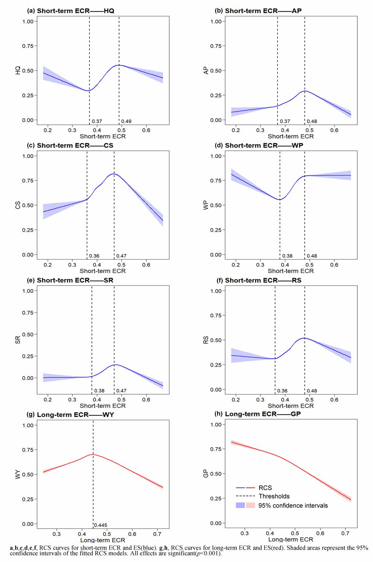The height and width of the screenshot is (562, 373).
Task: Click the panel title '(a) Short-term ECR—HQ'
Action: pyautogui.click(x=71, y=11)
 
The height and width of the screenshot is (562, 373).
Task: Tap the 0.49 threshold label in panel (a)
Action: pyautogui.click(x=126, y=121)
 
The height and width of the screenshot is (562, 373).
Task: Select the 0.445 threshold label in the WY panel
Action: pyautogui.click(x=101, y=525)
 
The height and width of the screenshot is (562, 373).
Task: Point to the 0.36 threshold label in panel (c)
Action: pyautogui.click(x=94, y=256)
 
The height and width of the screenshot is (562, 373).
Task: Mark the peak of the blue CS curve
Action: pyautogui.click(x=114, y=174)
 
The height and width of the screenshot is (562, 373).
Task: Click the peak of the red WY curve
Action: pyautogui.click(x=93, y=454)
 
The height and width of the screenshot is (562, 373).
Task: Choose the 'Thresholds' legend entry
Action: pyautogui.click(x=274, y=496)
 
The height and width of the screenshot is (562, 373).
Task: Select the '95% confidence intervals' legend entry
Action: pyautogui.click(x=293, y=505)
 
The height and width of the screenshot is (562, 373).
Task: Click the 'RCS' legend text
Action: pyautogui.click(x=265, y=488)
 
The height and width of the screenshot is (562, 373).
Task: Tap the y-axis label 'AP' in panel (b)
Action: pyautogui.click(x=207, y=70)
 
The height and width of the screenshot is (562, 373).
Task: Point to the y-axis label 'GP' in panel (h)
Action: pyautogui.click(x=207, y=474)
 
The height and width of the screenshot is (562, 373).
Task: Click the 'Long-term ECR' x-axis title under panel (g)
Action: pyautogui.click(x=102, y=540)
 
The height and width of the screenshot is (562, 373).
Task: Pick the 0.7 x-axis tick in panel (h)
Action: pyautogui.click(x=345, y=534)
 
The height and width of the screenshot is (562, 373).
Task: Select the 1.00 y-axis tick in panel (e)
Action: pyautogui.click(x=28, y=291)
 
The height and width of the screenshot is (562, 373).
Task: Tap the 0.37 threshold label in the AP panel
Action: pyautogui.click(x=285, y=121)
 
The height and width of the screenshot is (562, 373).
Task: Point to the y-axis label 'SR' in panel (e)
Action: pyautogui.click(x=18, y=340)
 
